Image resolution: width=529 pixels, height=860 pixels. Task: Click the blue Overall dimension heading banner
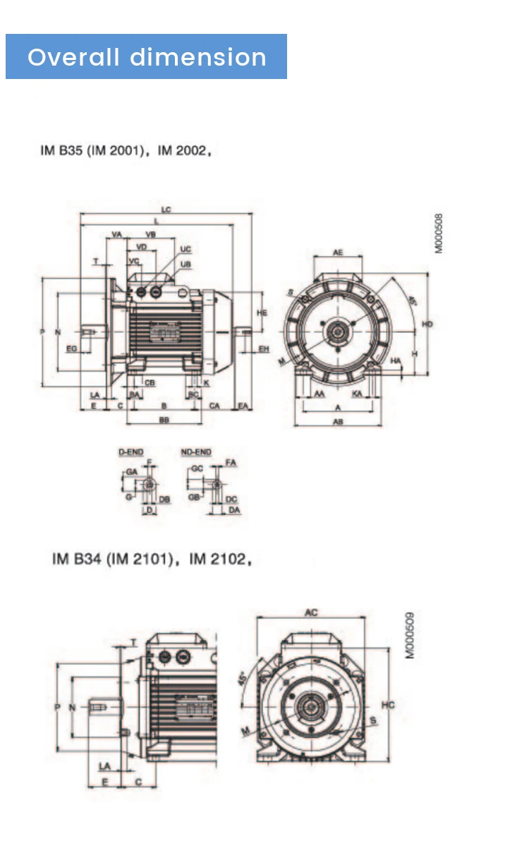pos(146,56)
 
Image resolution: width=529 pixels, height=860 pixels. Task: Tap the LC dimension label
pos(166,210)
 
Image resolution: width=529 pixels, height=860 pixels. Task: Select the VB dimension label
pos(151,234)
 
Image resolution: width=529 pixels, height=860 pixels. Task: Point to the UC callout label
pos(186,250)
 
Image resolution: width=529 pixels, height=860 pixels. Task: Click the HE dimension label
pos(262,312)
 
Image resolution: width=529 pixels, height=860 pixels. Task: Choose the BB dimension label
pos(164,420)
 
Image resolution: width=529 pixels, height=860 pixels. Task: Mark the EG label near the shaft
pos(71,349)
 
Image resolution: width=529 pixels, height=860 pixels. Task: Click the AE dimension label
pos(338,252)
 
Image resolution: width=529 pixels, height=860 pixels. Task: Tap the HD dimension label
pos(427,324)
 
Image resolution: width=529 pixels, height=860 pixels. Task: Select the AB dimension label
pos(338,422)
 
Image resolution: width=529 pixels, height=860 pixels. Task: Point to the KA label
pos(358,394)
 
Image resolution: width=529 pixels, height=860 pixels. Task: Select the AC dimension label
pos(311,613)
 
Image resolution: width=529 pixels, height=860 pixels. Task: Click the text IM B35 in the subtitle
pos(62,152)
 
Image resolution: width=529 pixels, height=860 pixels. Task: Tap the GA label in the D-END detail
pos(131,471)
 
